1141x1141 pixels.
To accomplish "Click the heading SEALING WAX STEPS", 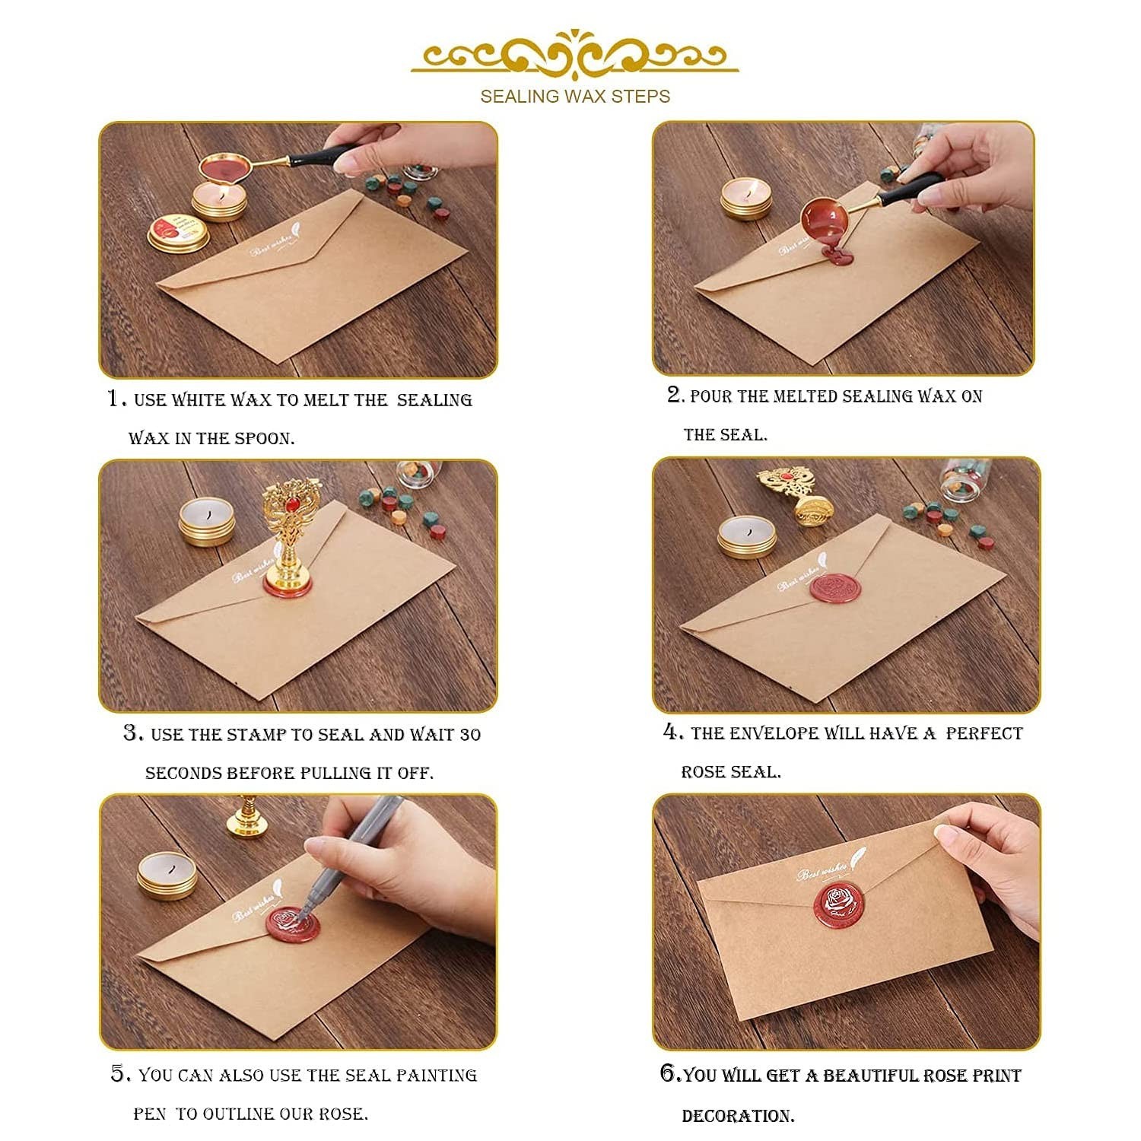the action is (x=575, y=97).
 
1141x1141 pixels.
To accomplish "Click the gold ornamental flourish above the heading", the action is (x=575, y=53).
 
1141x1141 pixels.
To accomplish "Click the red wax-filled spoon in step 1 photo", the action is (x=224, y=169).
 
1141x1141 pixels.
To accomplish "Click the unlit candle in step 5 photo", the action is (x=167, y=876).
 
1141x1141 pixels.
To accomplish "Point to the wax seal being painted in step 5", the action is (x=294, y=926).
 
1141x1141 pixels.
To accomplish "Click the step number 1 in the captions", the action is (x=114, y=398).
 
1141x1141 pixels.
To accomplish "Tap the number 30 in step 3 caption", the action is (x=470, y=735).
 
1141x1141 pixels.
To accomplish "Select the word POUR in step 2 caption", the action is (x=710, y=396).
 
